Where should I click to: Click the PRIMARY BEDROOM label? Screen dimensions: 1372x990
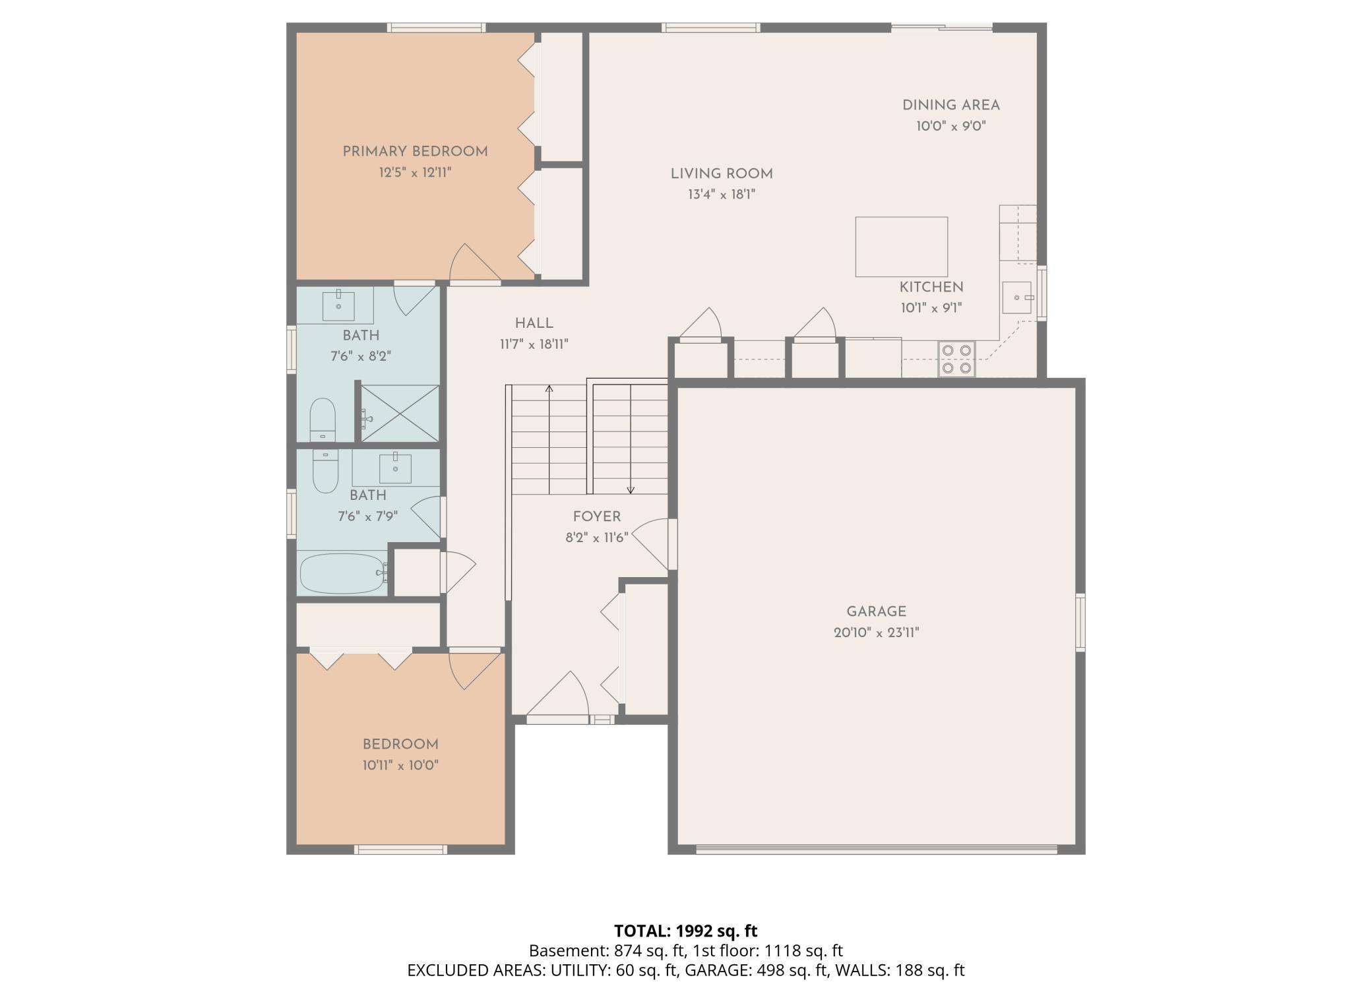pyautogui.click(x=415, y=152)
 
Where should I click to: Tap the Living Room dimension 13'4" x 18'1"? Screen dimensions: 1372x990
pyautogui.click(x=721, y=195)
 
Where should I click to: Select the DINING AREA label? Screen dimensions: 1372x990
pyautogui.click(x=951, y=106)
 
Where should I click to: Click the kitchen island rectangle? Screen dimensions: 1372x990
pyautogui.click(x=901, y=247)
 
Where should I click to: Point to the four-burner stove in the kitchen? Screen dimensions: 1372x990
pyautogui.click(x=956, y=359)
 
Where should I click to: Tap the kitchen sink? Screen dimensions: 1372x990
pyautogui.click(x=1016, y=297)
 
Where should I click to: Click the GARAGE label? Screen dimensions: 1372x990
pyautogui.click(x=876, y=611)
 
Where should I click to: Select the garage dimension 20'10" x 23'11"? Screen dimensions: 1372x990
pyautogui.click(x=876, y=633)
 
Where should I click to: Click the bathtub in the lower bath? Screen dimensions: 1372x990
pyautogui.click(x=342, y=573)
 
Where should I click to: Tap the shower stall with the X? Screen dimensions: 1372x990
pyautogui.click(x=400, y=413)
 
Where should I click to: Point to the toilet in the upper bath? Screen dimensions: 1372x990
pyautogui.click(x=323, y=419)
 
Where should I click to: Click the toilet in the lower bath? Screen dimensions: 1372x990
pyautogui.click(x=325, y=471)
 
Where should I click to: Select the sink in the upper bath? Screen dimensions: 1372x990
pyautogui.click(x=338, y=306)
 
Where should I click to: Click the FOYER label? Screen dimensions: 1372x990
pyautogui.click(x=596, y=517)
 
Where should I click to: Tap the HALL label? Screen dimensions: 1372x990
pyautogui.click(x=534, y=323)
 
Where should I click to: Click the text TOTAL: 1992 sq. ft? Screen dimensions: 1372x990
pyautogui.click(x=685, y=931)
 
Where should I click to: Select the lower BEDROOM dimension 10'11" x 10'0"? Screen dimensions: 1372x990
pyautogui.click(x=400, y=765)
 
